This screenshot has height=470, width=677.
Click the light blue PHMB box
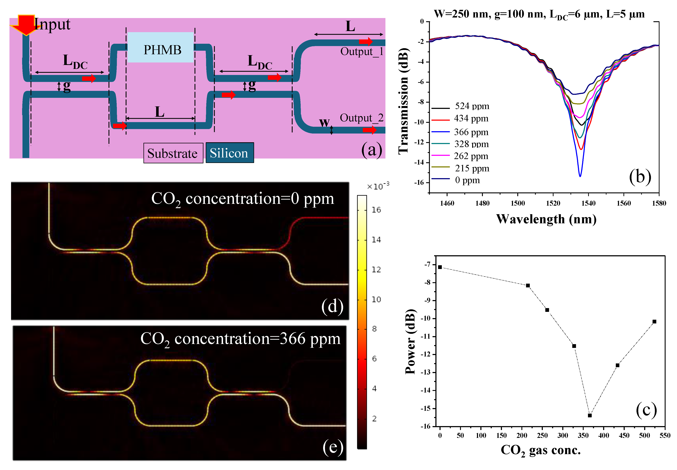[160, 47]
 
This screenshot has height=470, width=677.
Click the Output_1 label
[362, 52]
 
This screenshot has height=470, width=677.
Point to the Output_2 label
[362, 118]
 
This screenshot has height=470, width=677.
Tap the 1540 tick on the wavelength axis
[588, 203]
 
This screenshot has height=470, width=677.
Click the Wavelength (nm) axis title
[546, 219]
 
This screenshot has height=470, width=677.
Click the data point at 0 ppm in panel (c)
[440, 267]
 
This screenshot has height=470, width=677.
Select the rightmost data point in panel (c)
[654, 322]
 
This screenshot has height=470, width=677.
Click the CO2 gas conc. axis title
[540, 451]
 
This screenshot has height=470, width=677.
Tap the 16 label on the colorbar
[376, 210]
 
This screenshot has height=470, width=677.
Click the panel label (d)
[332, 306]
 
